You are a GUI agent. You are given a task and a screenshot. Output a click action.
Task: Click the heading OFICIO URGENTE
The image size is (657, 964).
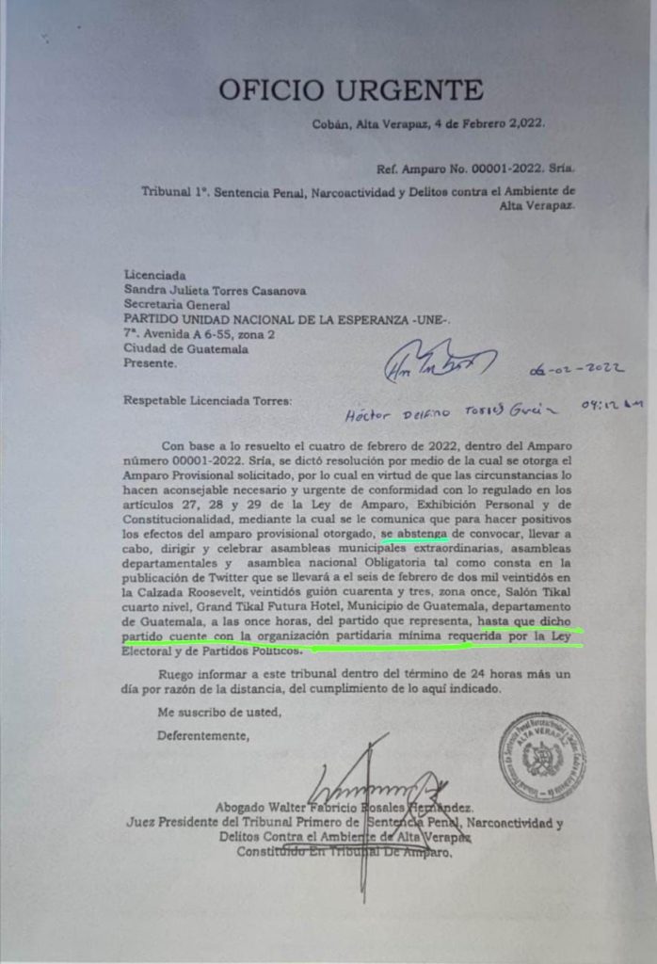pos(351,90)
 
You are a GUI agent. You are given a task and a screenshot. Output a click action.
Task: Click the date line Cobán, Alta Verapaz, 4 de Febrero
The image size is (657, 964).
pos(428,123)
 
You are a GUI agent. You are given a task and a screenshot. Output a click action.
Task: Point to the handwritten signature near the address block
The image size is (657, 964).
pos(438,363)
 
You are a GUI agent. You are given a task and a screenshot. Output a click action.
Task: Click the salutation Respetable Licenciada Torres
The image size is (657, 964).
pos(208,400)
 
